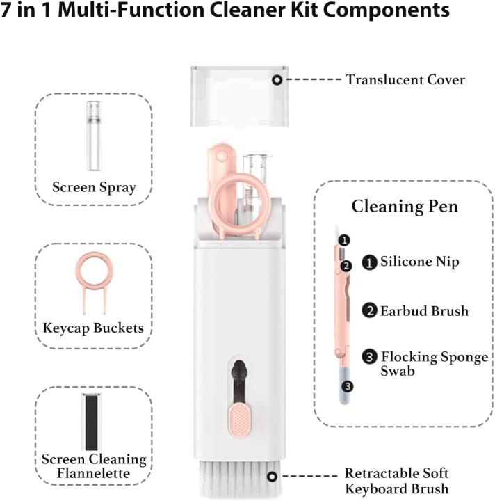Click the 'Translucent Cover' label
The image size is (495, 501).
coord(405,80)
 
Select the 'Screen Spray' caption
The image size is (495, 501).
coord(94,187)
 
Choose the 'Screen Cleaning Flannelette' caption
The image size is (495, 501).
coord(94,466)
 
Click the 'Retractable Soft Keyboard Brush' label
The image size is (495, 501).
coord(397,481)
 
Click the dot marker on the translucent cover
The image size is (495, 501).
coord(277,80)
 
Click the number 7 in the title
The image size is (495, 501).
coord(9,12)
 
